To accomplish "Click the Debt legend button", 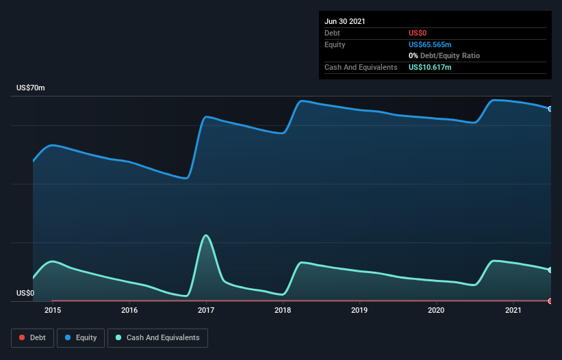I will tap(34, 337).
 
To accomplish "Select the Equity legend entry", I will tap(81, 337).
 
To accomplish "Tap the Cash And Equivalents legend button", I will tap(157, 337).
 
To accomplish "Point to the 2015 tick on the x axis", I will tap(53, 310).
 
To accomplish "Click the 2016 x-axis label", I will tap(129, 310).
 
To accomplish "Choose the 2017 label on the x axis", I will tap(206, 310).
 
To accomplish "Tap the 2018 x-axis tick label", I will tap(283, 310).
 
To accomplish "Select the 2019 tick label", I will tap(359, 310).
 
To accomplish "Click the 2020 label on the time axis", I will tap(436, 310).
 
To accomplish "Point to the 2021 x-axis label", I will tap(513, 310).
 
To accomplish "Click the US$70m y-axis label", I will tap(31, 88).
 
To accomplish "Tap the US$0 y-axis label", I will tap(25, 293).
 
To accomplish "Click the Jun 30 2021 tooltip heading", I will tap(345, 21).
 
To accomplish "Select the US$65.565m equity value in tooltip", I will tap(430, 44).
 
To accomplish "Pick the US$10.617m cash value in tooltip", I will tap(430, 67).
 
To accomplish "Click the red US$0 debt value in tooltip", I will tap(418, 33).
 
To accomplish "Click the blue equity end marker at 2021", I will tap(550, 109).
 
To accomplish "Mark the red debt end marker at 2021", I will tap(550, 301).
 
